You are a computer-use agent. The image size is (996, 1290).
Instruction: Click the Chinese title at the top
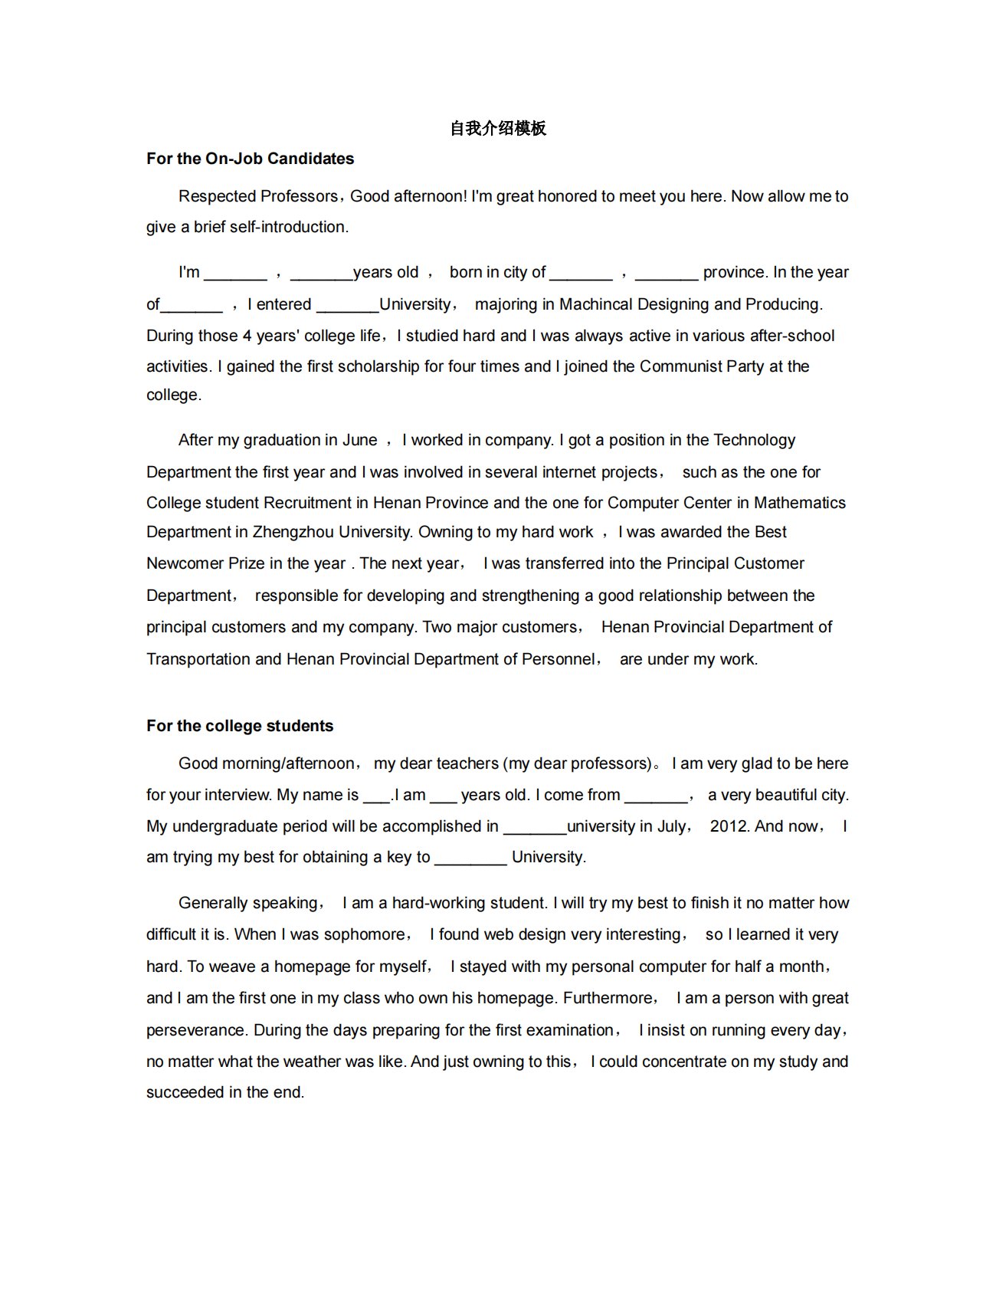tap(498, 128)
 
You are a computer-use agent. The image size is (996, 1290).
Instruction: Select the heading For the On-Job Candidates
tap(250, 159)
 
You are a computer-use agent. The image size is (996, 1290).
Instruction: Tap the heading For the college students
tap(240, 726)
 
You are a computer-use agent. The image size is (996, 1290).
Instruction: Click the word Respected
tap(218, 196)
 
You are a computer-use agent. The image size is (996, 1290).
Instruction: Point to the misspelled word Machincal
tap(595, 304)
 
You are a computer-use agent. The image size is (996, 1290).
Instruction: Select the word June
tap(359, 440)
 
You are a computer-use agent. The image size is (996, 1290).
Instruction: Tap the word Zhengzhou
tap(293, 532)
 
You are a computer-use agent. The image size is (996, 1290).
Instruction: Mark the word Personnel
tap(558, 659)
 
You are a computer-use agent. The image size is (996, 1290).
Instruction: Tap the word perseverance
tap(196, 1030)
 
